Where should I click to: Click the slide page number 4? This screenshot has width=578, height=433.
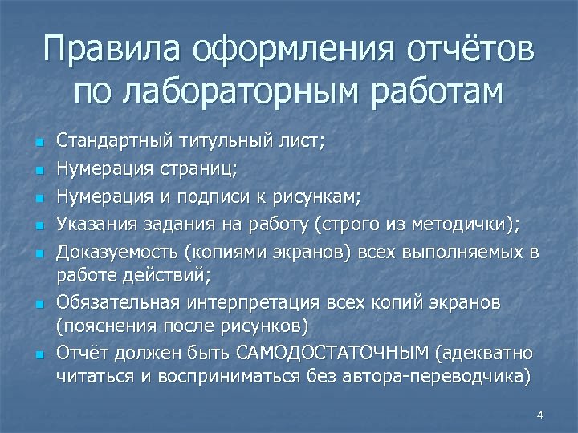[539, 415]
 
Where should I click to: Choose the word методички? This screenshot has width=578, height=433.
[472, 225]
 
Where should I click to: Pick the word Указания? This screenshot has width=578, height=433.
[94, 225]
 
